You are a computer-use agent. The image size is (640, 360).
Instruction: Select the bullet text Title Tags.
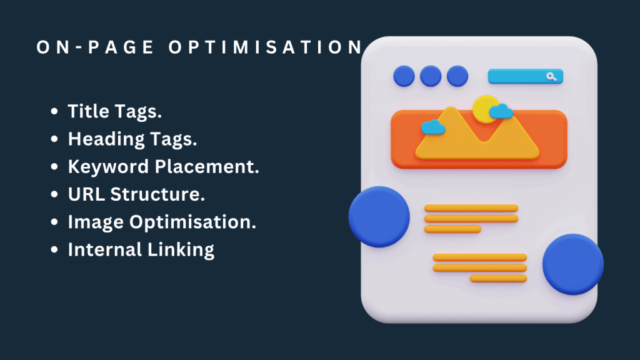pos(114,111)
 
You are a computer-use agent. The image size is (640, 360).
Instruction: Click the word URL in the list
pos(86,194)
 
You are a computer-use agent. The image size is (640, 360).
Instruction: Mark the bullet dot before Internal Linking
pos(55,250)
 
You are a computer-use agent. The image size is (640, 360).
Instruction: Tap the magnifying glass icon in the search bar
pos(551,76)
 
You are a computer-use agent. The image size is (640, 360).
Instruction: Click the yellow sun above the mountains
pos(484,108)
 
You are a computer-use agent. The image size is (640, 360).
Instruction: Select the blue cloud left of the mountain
pos(432,127)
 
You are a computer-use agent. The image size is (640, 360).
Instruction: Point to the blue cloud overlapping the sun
pos(501,112)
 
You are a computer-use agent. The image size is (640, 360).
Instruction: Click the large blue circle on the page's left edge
pos(379,216)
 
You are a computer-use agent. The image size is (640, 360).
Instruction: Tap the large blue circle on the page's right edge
pos(572,264)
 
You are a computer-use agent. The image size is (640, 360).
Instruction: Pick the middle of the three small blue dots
pos(431,76)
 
